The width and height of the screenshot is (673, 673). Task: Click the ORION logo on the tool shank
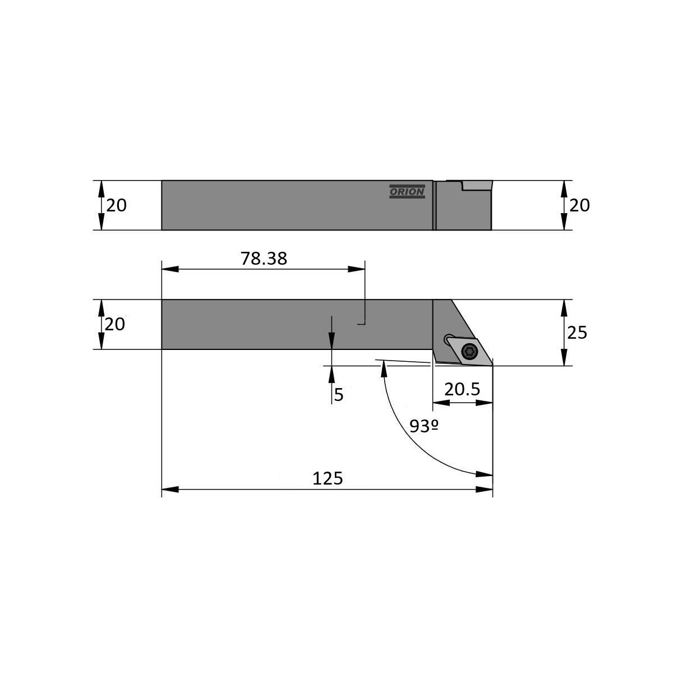click(407, 191)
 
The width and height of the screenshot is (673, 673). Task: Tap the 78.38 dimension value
click(264, 259)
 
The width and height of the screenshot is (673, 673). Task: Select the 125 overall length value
click(328, 478)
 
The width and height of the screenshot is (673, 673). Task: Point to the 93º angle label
click(424, 426)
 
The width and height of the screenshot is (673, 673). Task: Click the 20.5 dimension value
click(462, 389)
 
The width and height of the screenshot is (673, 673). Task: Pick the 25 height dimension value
click(577, 333)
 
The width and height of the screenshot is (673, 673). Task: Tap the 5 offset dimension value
click(339, 395)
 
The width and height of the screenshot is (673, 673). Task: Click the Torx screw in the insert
click(469, 351)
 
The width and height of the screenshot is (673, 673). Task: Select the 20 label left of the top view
click(116, 205)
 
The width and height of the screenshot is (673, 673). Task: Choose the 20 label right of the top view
click(579, 205)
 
